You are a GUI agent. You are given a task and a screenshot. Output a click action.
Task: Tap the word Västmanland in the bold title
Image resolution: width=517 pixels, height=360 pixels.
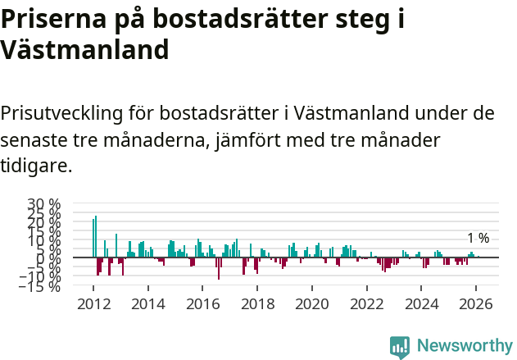click(84, 49)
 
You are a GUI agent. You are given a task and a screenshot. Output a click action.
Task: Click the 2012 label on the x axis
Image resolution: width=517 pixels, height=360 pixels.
click(93, 303)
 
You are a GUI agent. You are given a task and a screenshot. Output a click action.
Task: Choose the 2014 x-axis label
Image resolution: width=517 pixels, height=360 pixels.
click(148, 303)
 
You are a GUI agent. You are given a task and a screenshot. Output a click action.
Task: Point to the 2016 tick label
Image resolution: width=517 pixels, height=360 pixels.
click(203, 303)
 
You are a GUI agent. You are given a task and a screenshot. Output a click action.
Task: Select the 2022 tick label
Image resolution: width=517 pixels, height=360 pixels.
click(367, 303)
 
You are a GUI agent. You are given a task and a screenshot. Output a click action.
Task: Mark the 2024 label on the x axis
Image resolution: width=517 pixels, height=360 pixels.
click(422, 303)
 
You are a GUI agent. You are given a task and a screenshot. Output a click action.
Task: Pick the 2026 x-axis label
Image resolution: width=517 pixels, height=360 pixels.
click(477, 303)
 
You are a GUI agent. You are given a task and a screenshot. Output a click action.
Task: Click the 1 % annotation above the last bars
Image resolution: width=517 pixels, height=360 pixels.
click(478, 238)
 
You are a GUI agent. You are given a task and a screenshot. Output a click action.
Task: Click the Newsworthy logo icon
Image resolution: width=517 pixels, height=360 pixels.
click(400, 346)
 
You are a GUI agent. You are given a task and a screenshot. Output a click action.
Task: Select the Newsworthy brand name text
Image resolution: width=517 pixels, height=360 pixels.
click(464, 346)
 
